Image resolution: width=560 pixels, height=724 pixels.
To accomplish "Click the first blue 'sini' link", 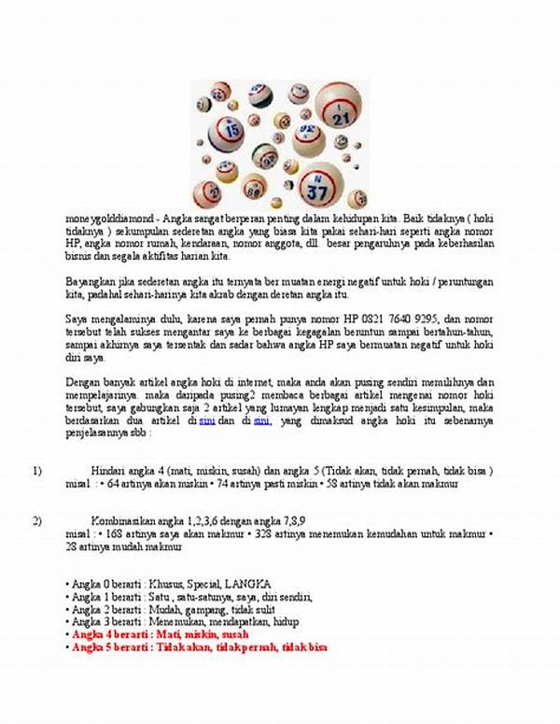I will point(207,421).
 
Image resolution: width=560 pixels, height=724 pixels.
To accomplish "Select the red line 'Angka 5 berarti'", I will point(199,647).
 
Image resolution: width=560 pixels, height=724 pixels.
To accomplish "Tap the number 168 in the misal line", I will point(117,533).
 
